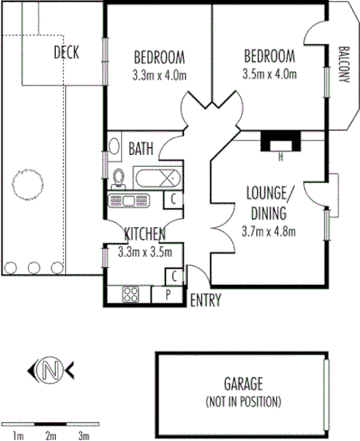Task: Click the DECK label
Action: point(66,51)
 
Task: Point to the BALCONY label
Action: point(344,64)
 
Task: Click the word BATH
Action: point(141,148)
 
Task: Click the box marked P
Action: point(168,294)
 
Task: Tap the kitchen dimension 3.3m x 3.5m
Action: point(144,253)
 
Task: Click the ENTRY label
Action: point(204,300)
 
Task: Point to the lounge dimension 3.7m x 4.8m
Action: point(268,231)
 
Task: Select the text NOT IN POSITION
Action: point(244,400)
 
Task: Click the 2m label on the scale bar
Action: point(51,435)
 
